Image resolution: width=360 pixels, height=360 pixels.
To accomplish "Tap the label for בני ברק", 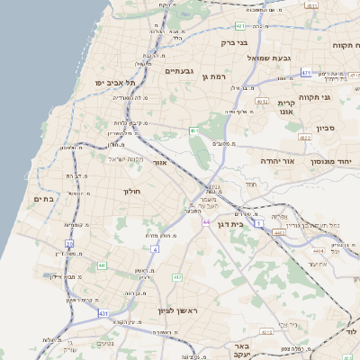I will point(234,41).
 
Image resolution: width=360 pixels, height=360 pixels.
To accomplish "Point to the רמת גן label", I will point(212,76).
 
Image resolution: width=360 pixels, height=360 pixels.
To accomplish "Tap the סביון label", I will point(326,128).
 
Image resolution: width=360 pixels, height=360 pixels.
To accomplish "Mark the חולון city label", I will point(132,191).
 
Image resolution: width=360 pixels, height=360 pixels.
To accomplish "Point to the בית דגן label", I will point(231,224).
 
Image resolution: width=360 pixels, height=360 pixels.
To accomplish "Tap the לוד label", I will point(350,331).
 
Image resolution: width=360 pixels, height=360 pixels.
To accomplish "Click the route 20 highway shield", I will point(69,243).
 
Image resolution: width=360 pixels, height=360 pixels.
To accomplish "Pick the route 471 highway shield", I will point(306,73).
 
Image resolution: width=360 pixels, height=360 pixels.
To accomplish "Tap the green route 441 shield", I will point(102,265).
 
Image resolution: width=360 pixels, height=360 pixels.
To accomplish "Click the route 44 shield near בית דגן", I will point(206,221).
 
